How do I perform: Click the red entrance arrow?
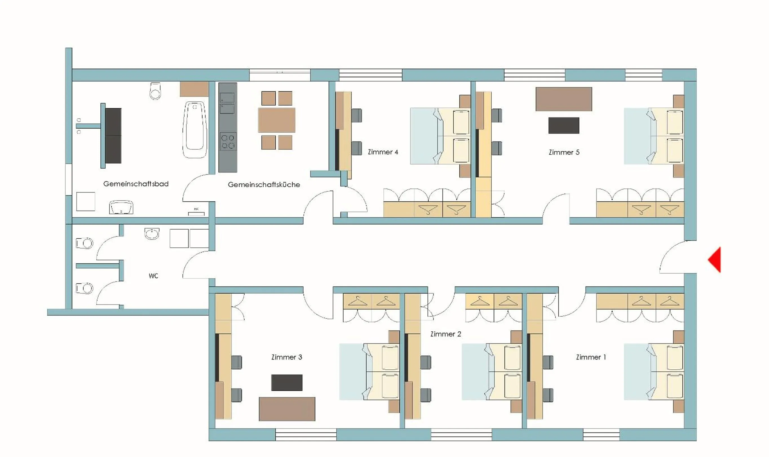[715, 259]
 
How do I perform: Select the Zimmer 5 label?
[564, 152]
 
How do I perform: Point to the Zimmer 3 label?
[286, 357]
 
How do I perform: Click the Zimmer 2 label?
[445, 334]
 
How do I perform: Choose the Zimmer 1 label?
[591, 357]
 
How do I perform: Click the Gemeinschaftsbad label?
[136, 184]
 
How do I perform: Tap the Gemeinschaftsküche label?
[264, 185]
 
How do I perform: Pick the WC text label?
[153, 276]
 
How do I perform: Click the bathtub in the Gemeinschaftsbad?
[195, 129]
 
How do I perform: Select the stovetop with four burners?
[228, 141]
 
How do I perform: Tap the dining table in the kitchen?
[276, 120]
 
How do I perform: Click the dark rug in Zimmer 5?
[564, 125]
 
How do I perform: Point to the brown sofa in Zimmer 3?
[287, 409]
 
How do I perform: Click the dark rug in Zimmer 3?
[286, 382]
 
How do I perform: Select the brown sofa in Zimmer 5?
[564, 99]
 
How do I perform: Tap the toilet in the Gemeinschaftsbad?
[155, 90]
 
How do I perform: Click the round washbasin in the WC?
[152, 233]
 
